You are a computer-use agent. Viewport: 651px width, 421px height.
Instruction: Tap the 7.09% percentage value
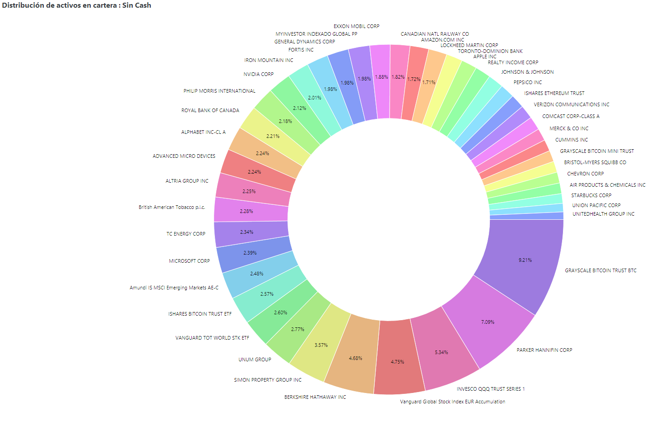[488, 322]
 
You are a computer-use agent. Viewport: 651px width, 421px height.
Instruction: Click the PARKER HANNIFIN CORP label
[544, 350]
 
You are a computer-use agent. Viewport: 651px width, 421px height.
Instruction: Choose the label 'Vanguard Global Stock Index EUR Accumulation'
[452, 402]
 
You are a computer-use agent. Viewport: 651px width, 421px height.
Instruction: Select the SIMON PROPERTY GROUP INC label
[268, 380]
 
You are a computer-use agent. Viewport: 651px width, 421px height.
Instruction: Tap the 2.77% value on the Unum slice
[298, 329]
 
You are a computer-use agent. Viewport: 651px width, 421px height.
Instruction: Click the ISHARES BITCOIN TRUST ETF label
[200, 314]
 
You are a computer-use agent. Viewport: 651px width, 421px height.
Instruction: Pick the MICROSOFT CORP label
[189, 261]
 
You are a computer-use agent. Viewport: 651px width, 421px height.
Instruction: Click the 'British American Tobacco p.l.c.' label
[172, 207]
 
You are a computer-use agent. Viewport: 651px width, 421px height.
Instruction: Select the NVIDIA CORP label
[258, 74]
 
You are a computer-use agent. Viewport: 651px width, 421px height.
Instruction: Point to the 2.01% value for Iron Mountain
[315, 98]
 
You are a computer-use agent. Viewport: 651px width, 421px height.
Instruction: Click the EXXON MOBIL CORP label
[356, 26]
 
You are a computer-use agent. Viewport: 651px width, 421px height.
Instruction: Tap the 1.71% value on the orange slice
[429, 82]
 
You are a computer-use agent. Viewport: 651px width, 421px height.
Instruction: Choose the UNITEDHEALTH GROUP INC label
[603, 214]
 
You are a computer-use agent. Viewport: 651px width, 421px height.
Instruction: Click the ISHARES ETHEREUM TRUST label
[554, 93]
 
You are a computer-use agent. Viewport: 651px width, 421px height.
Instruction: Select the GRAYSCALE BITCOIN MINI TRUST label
[597, 151]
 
